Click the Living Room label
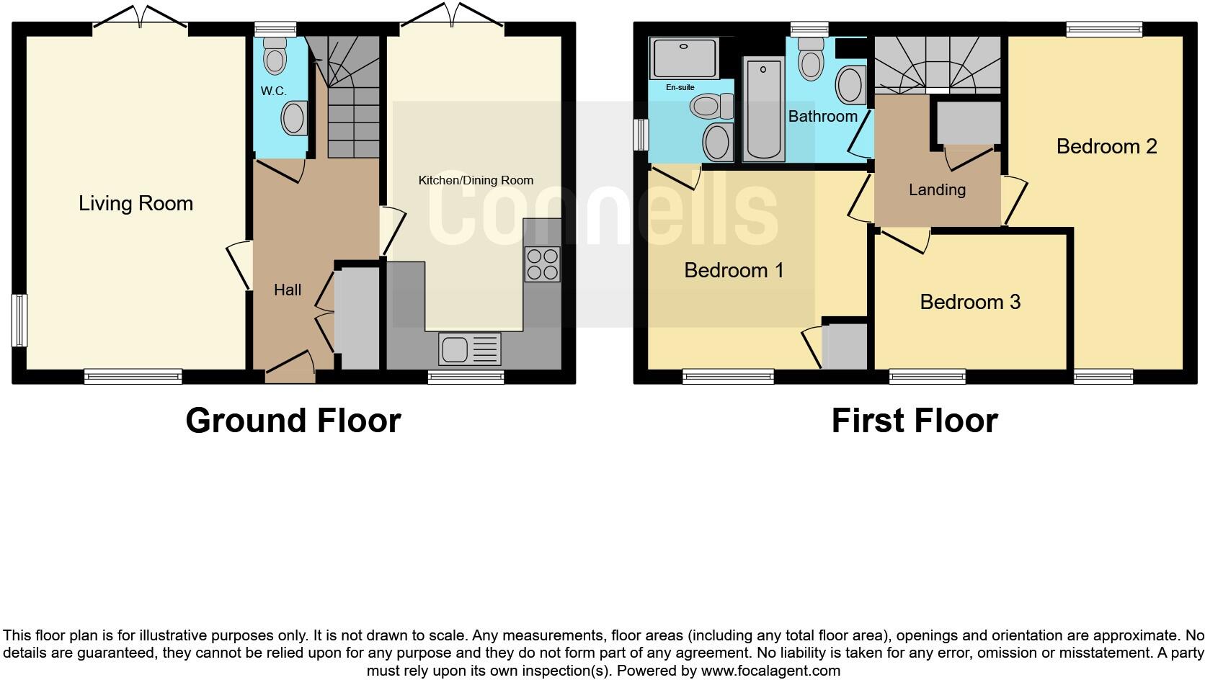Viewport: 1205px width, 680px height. click(x=135, y=204)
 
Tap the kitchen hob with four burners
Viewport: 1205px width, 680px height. click(x=542, y=264)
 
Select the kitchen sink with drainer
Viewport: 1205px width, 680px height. click(x=469, y=349)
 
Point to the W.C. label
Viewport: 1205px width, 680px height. click(x=273, y=91)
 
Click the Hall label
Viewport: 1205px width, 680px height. click(x=287, y=290)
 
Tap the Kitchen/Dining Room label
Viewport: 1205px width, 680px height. click(x=476, y=180)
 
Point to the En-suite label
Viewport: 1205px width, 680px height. click(x=680, y=87)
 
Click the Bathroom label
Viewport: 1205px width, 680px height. click(x=822, y=117)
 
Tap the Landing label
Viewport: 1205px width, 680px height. click(x=936, y=190)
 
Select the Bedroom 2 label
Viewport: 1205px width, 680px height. click(x=1106, y=147)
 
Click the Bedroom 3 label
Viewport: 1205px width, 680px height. click(x=970, y=302)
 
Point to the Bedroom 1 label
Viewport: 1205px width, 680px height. click(x=733, y=271)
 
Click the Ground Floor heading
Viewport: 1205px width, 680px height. click(x=293, y=421)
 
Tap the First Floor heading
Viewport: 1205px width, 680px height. click(x=914, y=421)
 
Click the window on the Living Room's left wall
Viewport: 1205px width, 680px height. click(x=19, y=320)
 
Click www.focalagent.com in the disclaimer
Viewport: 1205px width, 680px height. click(x=770, y=671)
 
